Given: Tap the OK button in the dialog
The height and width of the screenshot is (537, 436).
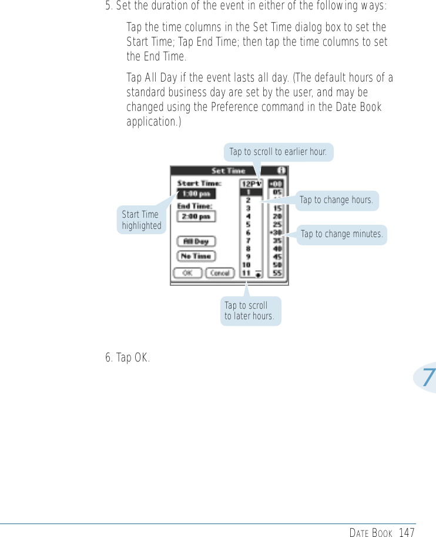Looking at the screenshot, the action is [187, 273].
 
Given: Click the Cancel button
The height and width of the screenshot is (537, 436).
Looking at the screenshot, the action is [219, 273].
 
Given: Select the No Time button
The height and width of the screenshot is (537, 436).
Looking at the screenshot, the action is [197, 256].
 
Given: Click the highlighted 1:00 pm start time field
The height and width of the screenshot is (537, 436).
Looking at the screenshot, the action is [197, 193].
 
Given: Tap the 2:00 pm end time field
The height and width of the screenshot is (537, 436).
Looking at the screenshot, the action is [197, 217].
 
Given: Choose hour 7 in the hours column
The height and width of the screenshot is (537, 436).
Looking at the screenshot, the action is [248, 241].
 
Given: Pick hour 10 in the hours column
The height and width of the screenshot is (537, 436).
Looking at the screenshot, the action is [247, 265].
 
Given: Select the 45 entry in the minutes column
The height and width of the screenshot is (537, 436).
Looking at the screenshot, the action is [277, 256].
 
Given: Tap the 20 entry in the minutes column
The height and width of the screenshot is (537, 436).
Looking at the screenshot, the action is [277, 216].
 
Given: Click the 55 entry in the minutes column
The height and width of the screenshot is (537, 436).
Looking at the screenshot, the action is [277, 273].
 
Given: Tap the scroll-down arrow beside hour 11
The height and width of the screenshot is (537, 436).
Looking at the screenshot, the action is [259, 273].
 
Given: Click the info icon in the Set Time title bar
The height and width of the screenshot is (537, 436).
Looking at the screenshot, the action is [282, 170].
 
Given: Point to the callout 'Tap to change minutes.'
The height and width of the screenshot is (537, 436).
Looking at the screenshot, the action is [341, 235].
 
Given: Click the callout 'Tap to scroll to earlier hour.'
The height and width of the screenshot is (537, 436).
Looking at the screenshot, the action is [278, 152].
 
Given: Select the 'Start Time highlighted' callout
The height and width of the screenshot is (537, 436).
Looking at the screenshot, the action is [141, 220].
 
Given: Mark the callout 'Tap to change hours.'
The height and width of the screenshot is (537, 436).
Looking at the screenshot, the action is [336, 200].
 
